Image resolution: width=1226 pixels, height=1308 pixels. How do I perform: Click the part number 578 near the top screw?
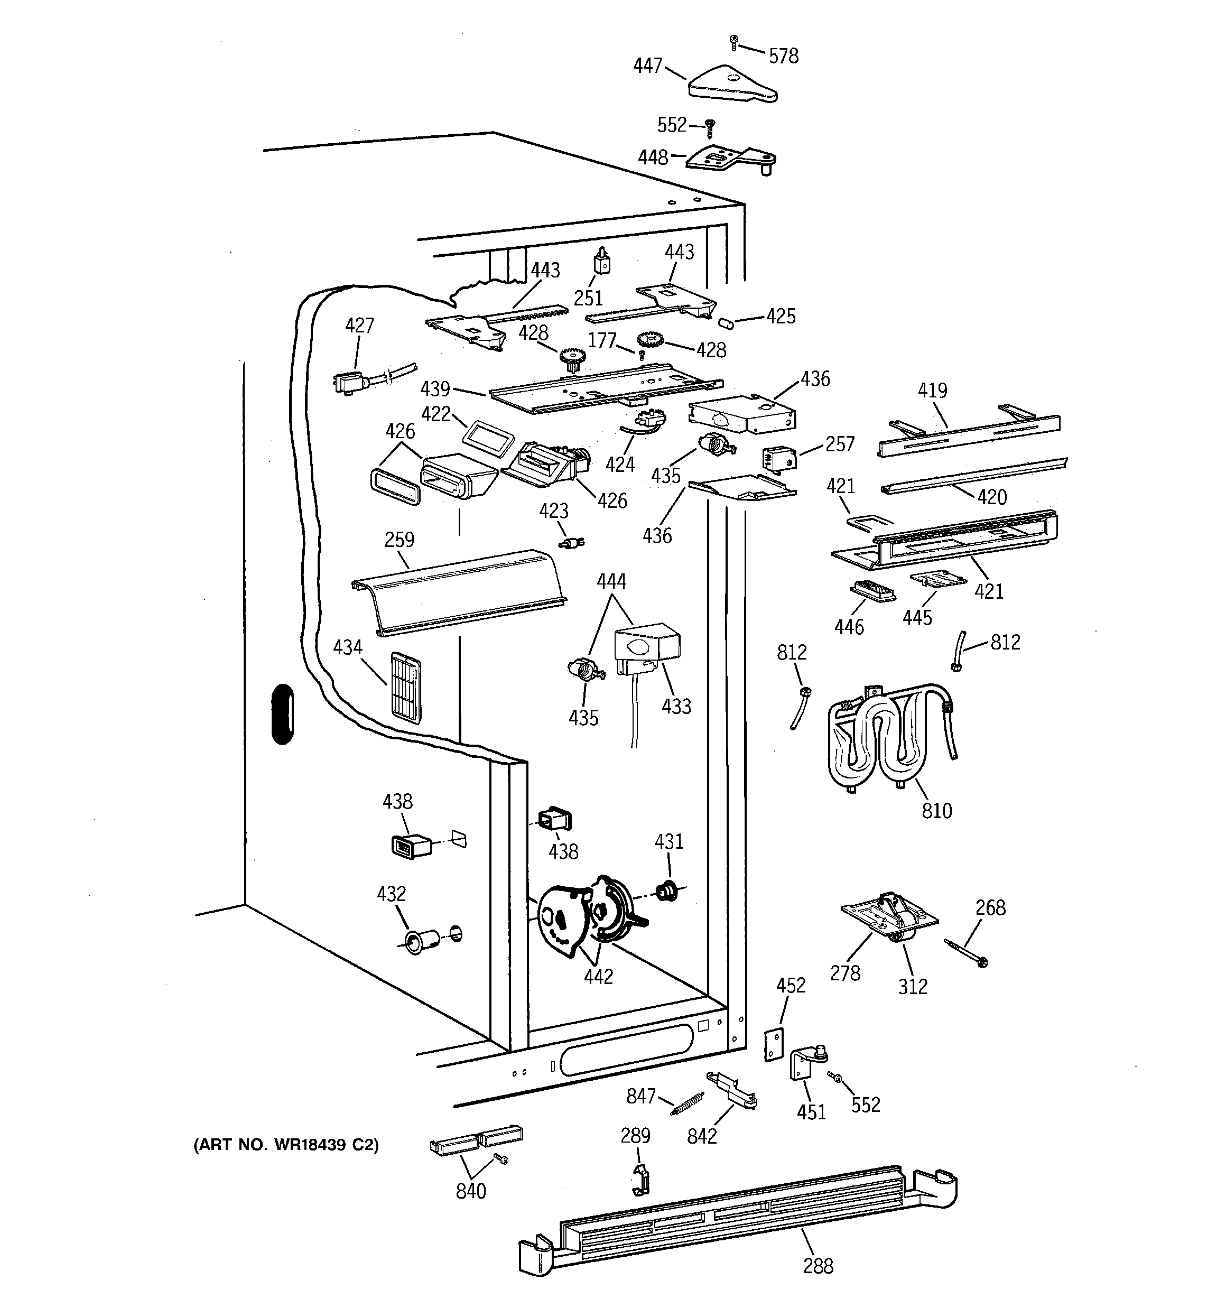[x=783, y=56]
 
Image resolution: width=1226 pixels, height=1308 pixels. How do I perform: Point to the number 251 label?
[x=588, y=298]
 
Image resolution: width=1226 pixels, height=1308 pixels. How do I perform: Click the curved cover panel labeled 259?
[x=459, y=592]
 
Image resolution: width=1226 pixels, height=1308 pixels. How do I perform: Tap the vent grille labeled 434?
[x=405, y=688]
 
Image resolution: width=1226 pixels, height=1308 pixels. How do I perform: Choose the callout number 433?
[x=676, y=706]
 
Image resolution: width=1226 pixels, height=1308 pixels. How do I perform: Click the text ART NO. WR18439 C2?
[x=285, y=1145]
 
